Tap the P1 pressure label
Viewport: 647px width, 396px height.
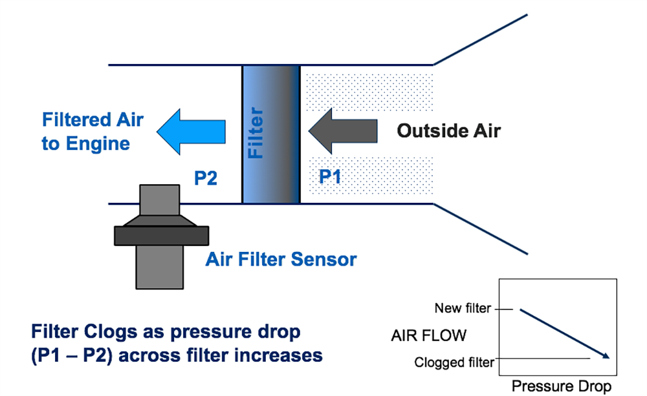pos(330,176)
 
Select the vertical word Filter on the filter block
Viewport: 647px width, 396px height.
pos(257,134)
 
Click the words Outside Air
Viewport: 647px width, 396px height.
pos(448,131)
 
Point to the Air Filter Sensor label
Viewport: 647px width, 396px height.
pos(281,260)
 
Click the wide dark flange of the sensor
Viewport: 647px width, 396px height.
pos(162,235)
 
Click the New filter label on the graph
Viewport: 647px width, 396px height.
pos(463,309)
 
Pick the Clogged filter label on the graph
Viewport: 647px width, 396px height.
pos(454,362)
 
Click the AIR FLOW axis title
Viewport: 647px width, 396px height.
pos(429,336)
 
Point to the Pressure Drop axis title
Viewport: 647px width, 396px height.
pos(561,386)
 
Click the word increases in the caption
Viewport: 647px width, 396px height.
pos(278,355)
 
